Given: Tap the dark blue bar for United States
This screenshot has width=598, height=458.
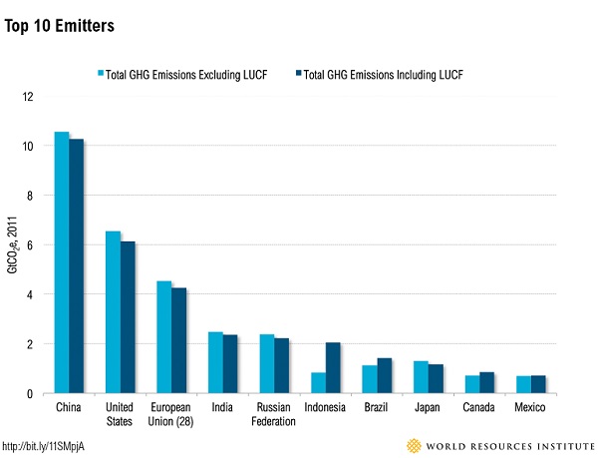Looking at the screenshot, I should [x=128, y=316].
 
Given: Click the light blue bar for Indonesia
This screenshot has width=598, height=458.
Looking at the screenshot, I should [x=318, y=382].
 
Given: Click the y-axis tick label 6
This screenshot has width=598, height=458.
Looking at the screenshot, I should [x=31, y=245].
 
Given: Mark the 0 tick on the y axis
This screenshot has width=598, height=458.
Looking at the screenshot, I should [x=31, y=394].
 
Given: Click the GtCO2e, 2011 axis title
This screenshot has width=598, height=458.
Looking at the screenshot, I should [x=13, y=244].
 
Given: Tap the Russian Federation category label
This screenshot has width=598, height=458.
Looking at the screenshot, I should [x=274, y=414].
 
